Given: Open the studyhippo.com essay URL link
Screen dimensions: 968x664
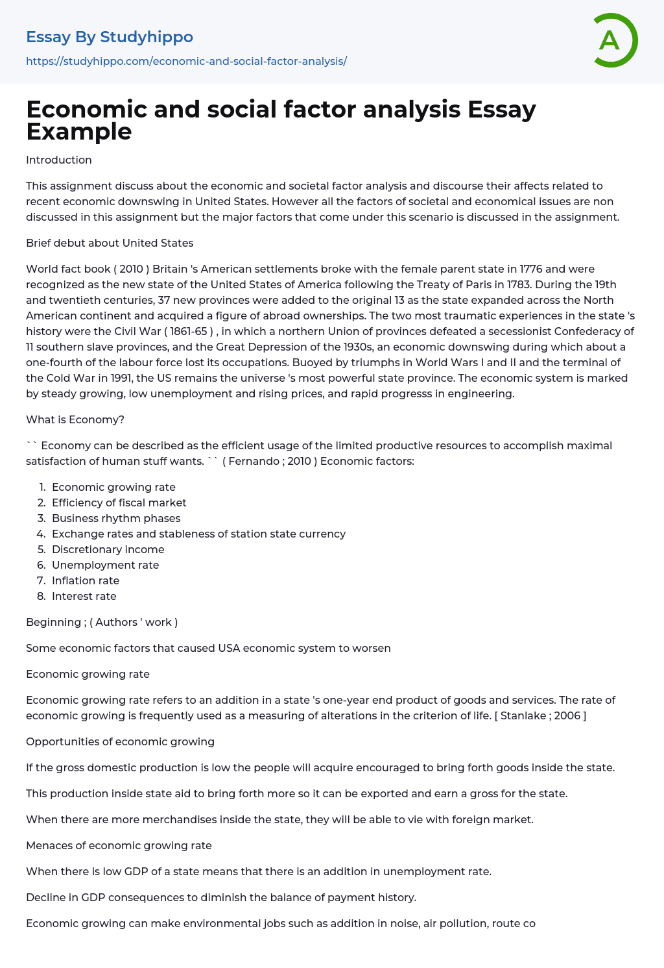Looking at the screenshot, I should pyautogui.click(x=186, y=61).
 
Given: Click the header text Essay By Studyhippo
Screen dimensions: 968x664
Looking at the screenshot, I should pyautogui.click(x=110, y=37).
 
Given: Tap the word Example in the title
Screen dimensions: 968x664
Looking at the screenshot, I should pyautogui.click(x=78, y=132).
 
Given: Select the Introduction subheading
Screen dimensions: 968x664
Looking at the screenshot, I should pyautogui.click(x=59, y=160).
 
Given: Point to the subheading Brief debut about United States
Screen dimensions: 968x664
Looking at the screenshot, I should pyautogui.click(x=110, y=243).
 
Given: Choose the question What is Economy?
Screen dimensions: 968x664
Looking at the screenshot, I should pyautogui.click(x=75, y=419).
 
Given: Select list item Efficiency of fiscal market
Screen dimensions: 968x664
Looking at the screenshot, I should pyautogui.click(x=119, y=503).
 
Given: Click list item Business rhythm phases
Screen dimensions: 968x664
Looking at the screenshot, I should pyautogui.click(x=116, y=518).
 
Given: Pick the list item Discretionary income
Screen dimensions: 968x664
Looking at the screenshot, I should pyautogui.click(x=108, y=549).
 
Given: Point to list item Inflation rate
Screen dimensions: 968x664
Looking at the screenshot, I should pyautogui.click(x=86, y=580).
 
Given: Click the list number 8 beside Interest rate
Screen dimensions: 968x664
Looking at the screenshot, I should pyautogui.click(x=41, y=596).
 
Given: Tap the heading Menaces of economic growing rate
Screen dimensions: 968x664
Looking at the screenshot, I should pyautogui.click(x=119, y=845).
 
